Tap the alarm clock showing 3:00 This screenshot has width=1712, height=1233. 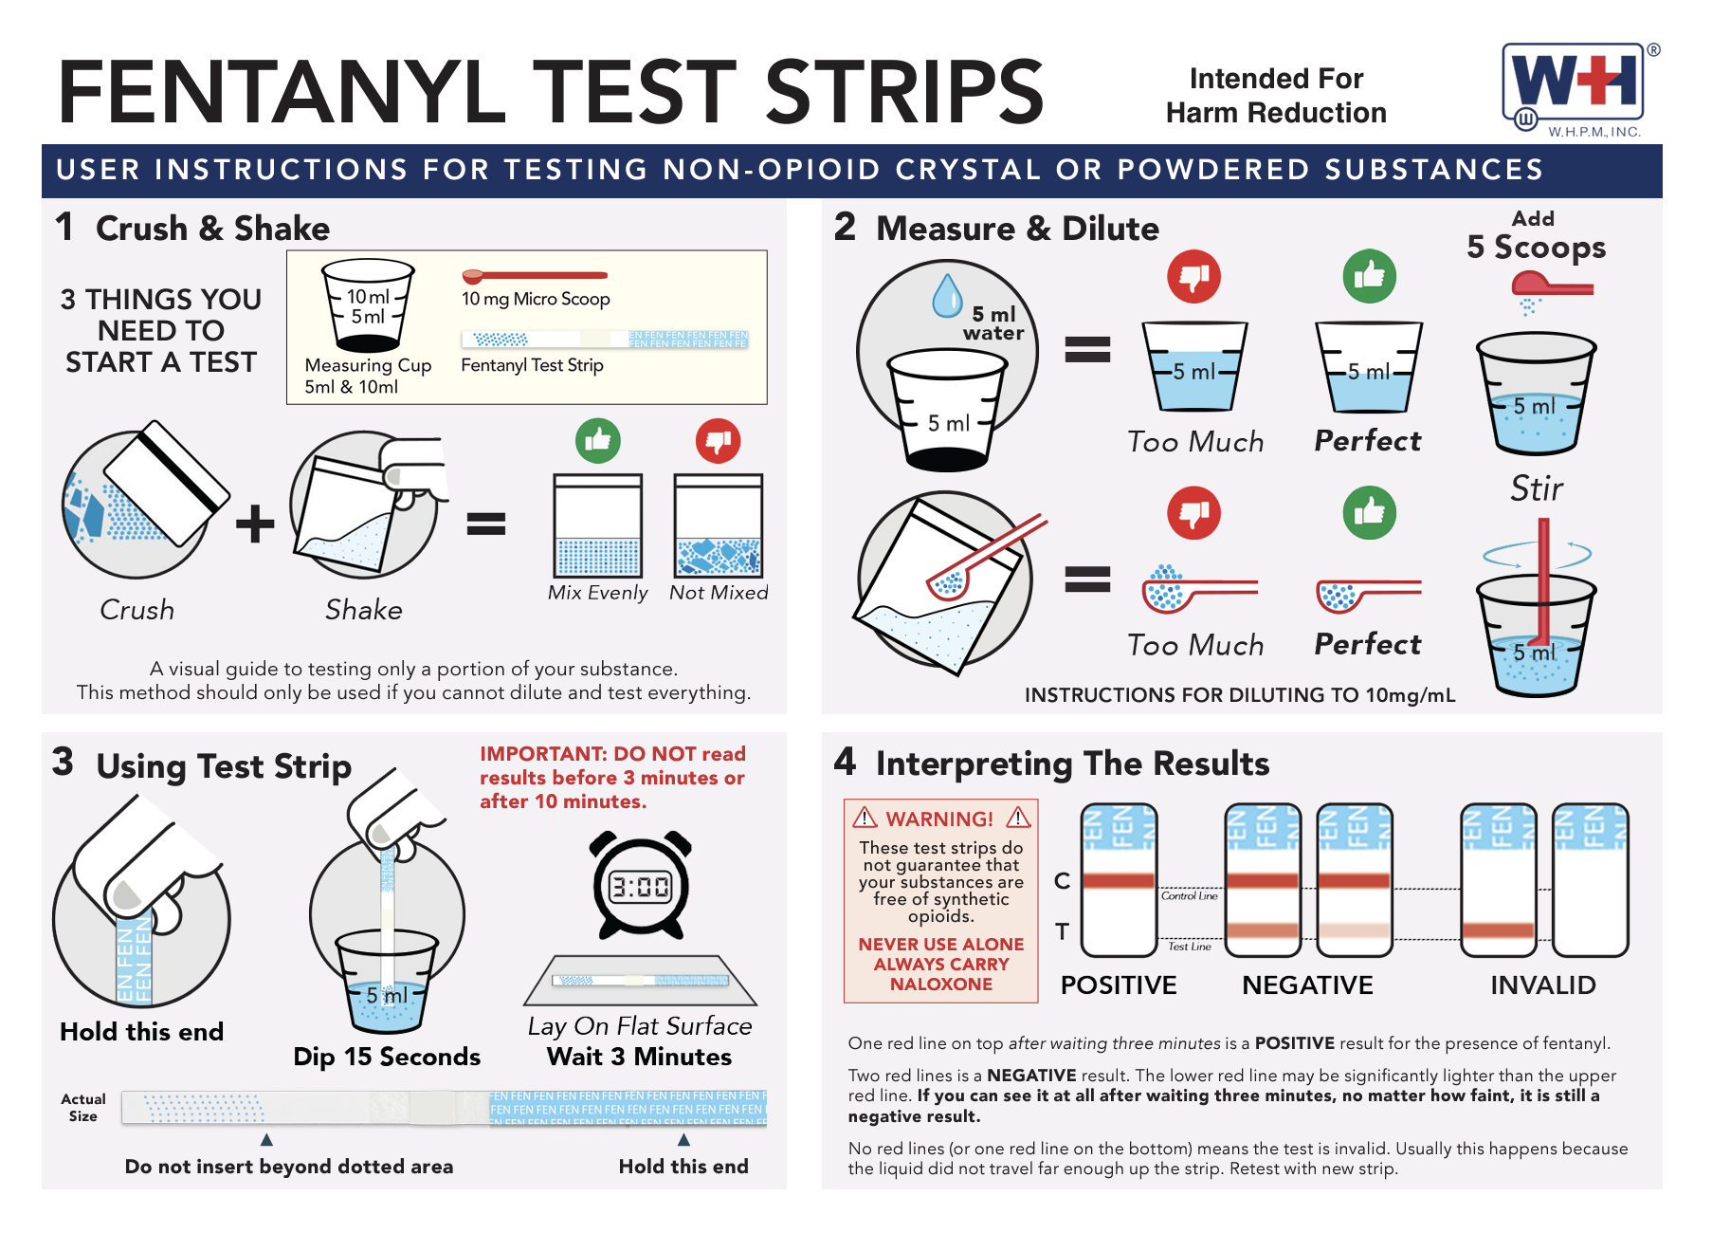tap(641, 884)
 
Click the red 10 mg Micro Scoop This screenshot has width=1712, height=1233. tap(535, 276)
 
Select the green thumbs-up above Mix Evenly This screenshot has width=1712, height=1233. tap(598, 441)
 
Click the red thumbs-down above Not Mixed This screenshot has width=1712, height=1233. tap(719, 441)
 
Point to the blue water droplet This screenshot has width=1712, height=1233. tap(947, 295)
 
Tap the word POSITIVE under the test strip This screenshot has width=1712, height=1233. tap(1119, 985)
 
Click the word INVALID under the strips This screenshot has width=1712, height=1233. tap(1543, 985)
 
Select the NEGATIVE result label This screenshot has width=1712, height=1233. tap(1307, 985)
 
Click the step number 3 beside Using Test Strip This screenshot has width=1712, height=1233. tap(63, 762)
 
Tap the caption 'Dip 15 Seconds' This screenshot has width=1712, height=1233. tap(387, 1057)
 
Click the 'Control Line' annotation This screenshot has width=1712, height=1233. tap(1190, 895)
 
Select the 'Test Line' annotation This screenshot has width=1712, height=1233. tap(1190, 947)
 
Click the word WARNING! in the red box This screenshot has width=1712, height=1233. tap(939, 819)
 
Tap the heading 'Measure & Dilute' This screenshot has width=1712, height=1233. tap(1017, 229)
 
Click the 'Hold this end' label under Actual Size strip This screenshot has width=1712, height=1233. tap(683, 1167)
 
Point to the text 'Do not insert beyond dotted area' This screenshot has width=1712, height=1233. tap(289, 1167)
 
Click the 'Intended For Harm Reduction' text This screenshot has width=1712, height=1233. tap(1276, 96)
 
